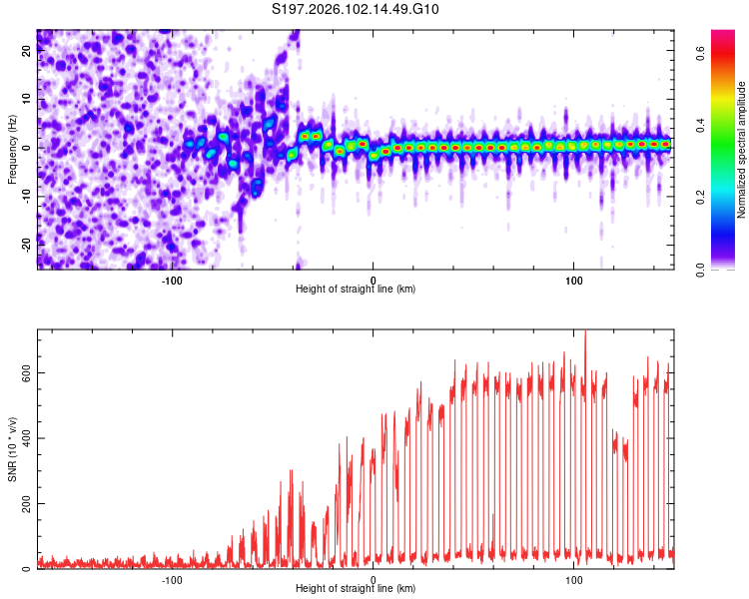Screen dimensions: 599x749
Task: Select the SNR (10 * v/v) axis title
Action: (x=12, y=449)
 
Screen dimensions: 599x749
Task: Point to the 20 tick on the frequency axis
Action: (x=27, y=52)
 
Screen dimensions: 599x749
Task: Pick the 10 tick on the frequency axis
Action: (x=27, y=100)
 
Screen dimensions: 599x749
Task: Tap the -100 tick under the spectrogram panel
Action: (x=172, y=279)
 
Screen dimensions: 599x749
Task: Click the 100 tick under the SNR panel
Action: (x=574, y=579)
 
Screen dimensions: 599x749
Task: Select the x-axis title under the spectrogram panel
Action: (x=356, y=290)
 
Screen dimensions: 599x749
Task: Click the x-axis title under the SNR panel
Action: (x=356, y=590)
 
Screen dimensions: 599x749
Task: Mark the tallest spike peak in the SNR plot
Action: (x=585, y=331)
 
